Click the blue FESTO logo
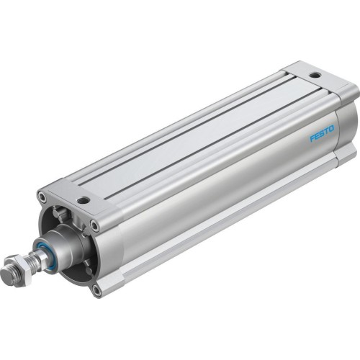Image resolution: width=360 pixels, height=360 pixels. [x=321, y=134]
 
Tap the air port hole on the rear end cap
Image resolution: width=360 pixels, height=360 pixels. [x=315, y=75]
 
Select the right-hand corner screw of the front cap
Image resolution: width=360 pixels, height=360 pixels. [x=94, y=225]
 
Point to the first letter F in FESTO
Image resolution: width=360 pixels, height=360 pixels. [x=312, y=138]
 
